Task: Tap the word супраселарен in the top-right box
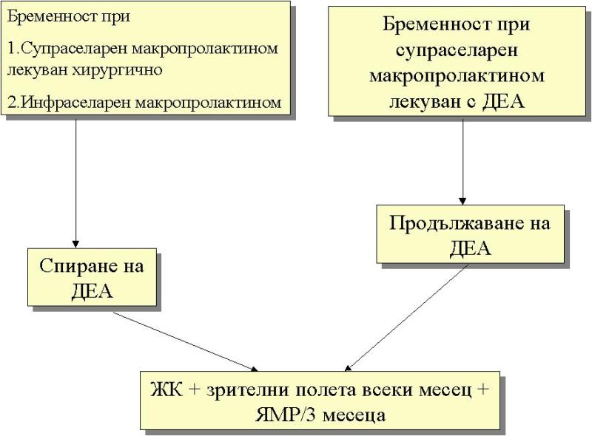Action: tap(457, 51)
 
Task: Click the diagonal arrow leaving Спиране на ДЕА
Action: tap(185, 340)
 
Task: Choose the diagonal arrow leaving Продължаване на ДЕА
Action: tap(407, 318)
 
